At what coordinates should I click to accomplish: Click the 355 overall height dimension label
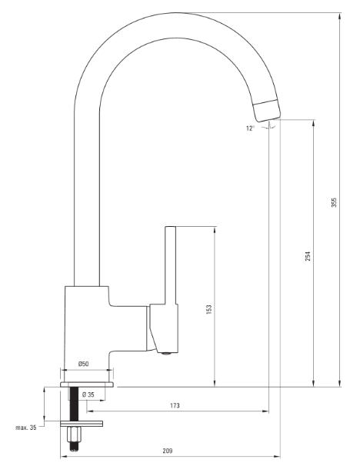(x=334, y=202)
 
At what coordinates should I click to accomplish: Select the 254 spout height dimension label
(x=308, y=256)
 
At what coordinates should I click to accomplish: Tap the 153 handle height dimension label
(x=209, y=309)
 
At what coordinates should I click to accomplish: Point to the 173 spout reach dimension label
(x=175, y=405)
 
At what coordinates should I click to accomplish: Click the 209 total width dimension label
(x=168, y=451)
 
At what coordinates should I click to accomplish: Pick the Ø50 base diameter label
(x=83, y=364)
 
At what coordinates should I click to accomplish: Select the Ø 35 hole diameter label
(x=88, y=394)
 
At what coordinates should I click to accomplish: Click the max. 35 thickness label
(x=26, y=428)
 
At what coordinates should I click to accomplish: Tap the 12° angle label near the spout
(x=250, y=128)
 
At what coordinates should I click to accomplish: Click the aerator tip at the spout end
(x=267, y=112)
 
